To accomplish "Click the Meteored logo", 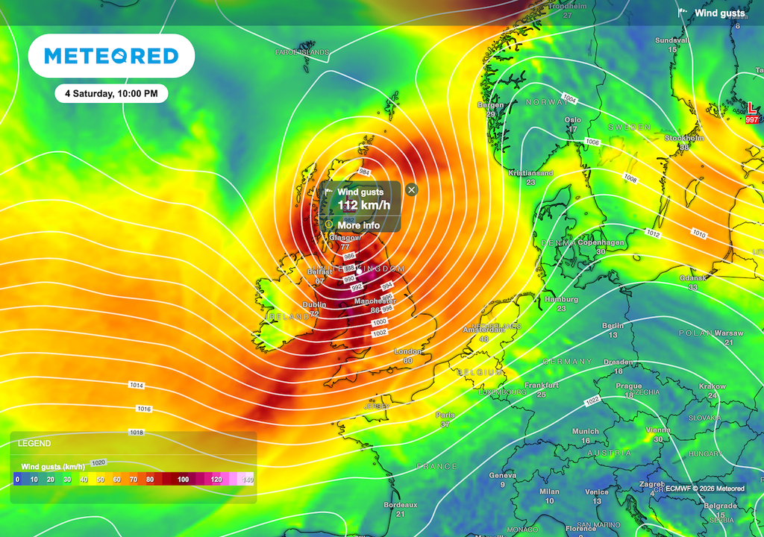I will (112, 56).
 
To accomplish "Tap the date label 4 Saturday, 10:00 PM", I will (111, 94).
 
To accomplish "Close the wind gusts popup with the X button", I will (412, 190).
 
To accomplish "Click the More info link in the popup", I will (358, 225).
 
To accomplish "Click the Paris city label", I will (445, 415).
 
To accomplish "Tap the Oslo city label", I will (573, 119).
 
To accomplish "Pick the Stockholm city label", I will (684, 138).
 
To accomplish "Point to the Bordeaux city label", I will (400, 505).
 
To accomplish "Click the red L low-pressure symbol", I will (751, 110).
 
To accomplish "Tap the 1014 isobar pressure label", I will (136, 386).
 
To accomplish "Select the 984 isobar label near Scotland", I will (363, 172).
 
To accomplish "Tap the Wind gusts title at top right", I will (719, 13).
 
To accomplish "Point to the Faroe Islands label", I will (301, 53).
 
